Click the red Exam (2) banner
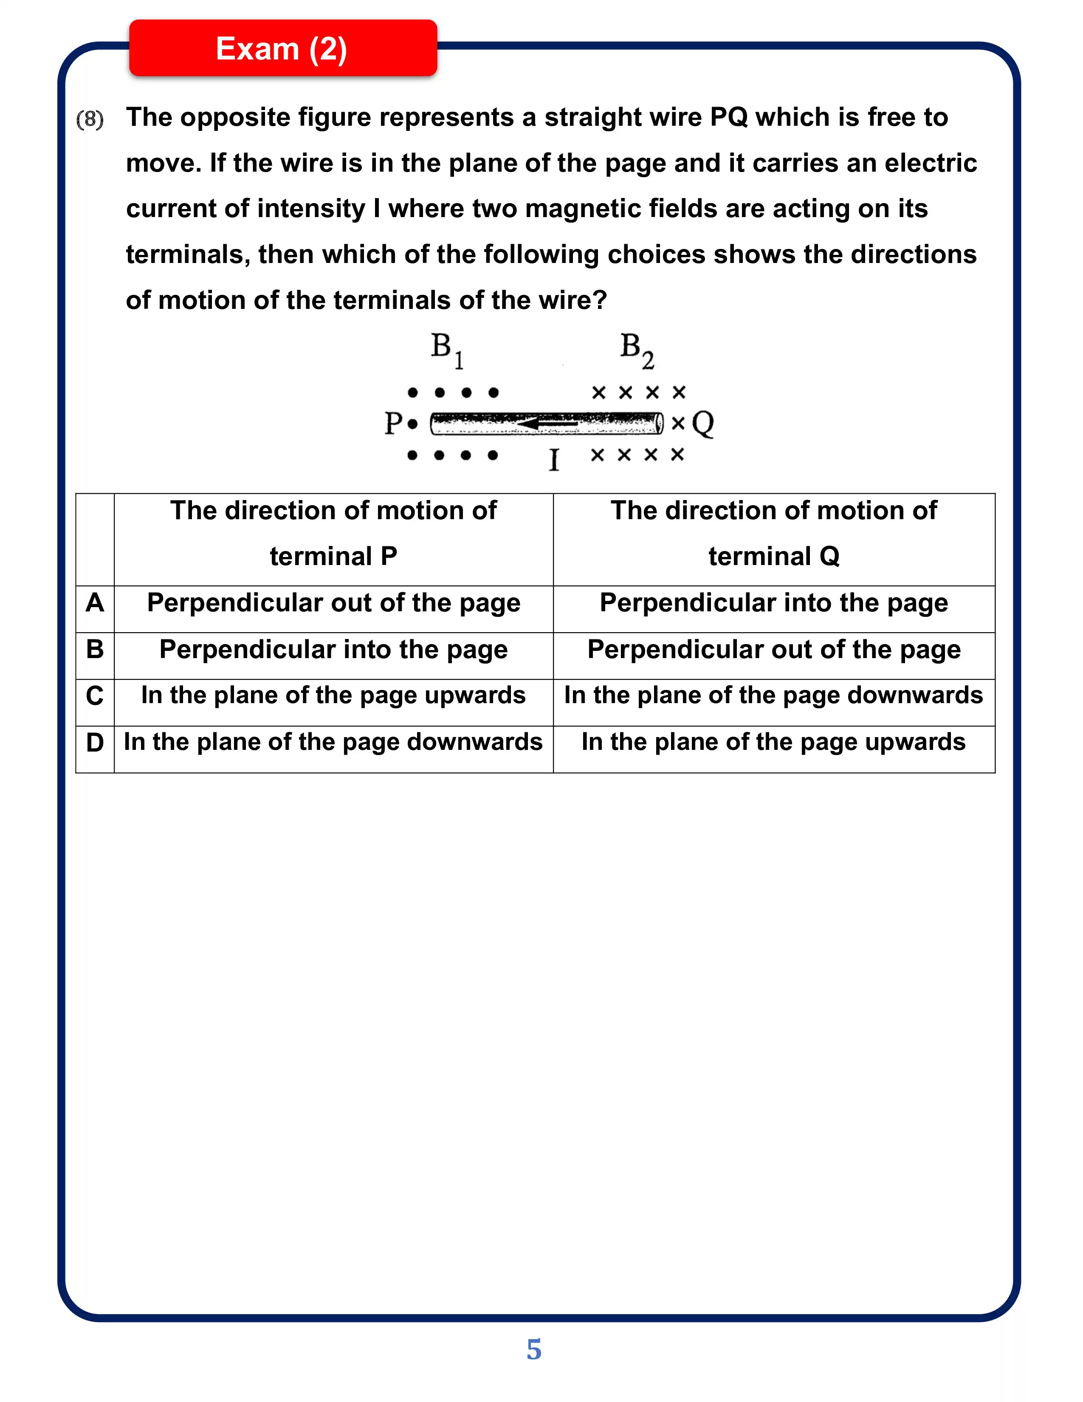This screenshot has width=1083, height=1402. click(x=282, y=49)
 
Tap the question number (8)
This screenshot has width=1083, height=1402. click(x=90, y=119)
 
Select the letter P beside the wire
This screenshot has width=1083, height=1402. click(x=393, y=424)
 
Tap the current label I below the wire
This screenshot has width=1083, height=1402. click(x=554, y=460)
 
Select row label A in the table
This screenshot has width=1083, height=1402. click(x=95, y=603)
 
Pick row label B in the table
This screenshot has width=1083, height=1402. click(x=95, y=649)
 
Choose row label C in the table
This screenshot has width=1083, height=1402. click(x=95, y=696)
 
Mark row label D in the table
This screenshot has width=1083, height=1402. click(x=95, y=743)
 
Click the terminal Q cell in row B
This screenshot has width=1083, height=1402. click(x=774, y=650)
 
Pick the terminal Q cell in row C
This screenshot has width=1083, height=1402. click(x=774, y=696)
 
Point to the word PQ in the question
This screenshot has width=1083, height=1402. click(x=729, y=118)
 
